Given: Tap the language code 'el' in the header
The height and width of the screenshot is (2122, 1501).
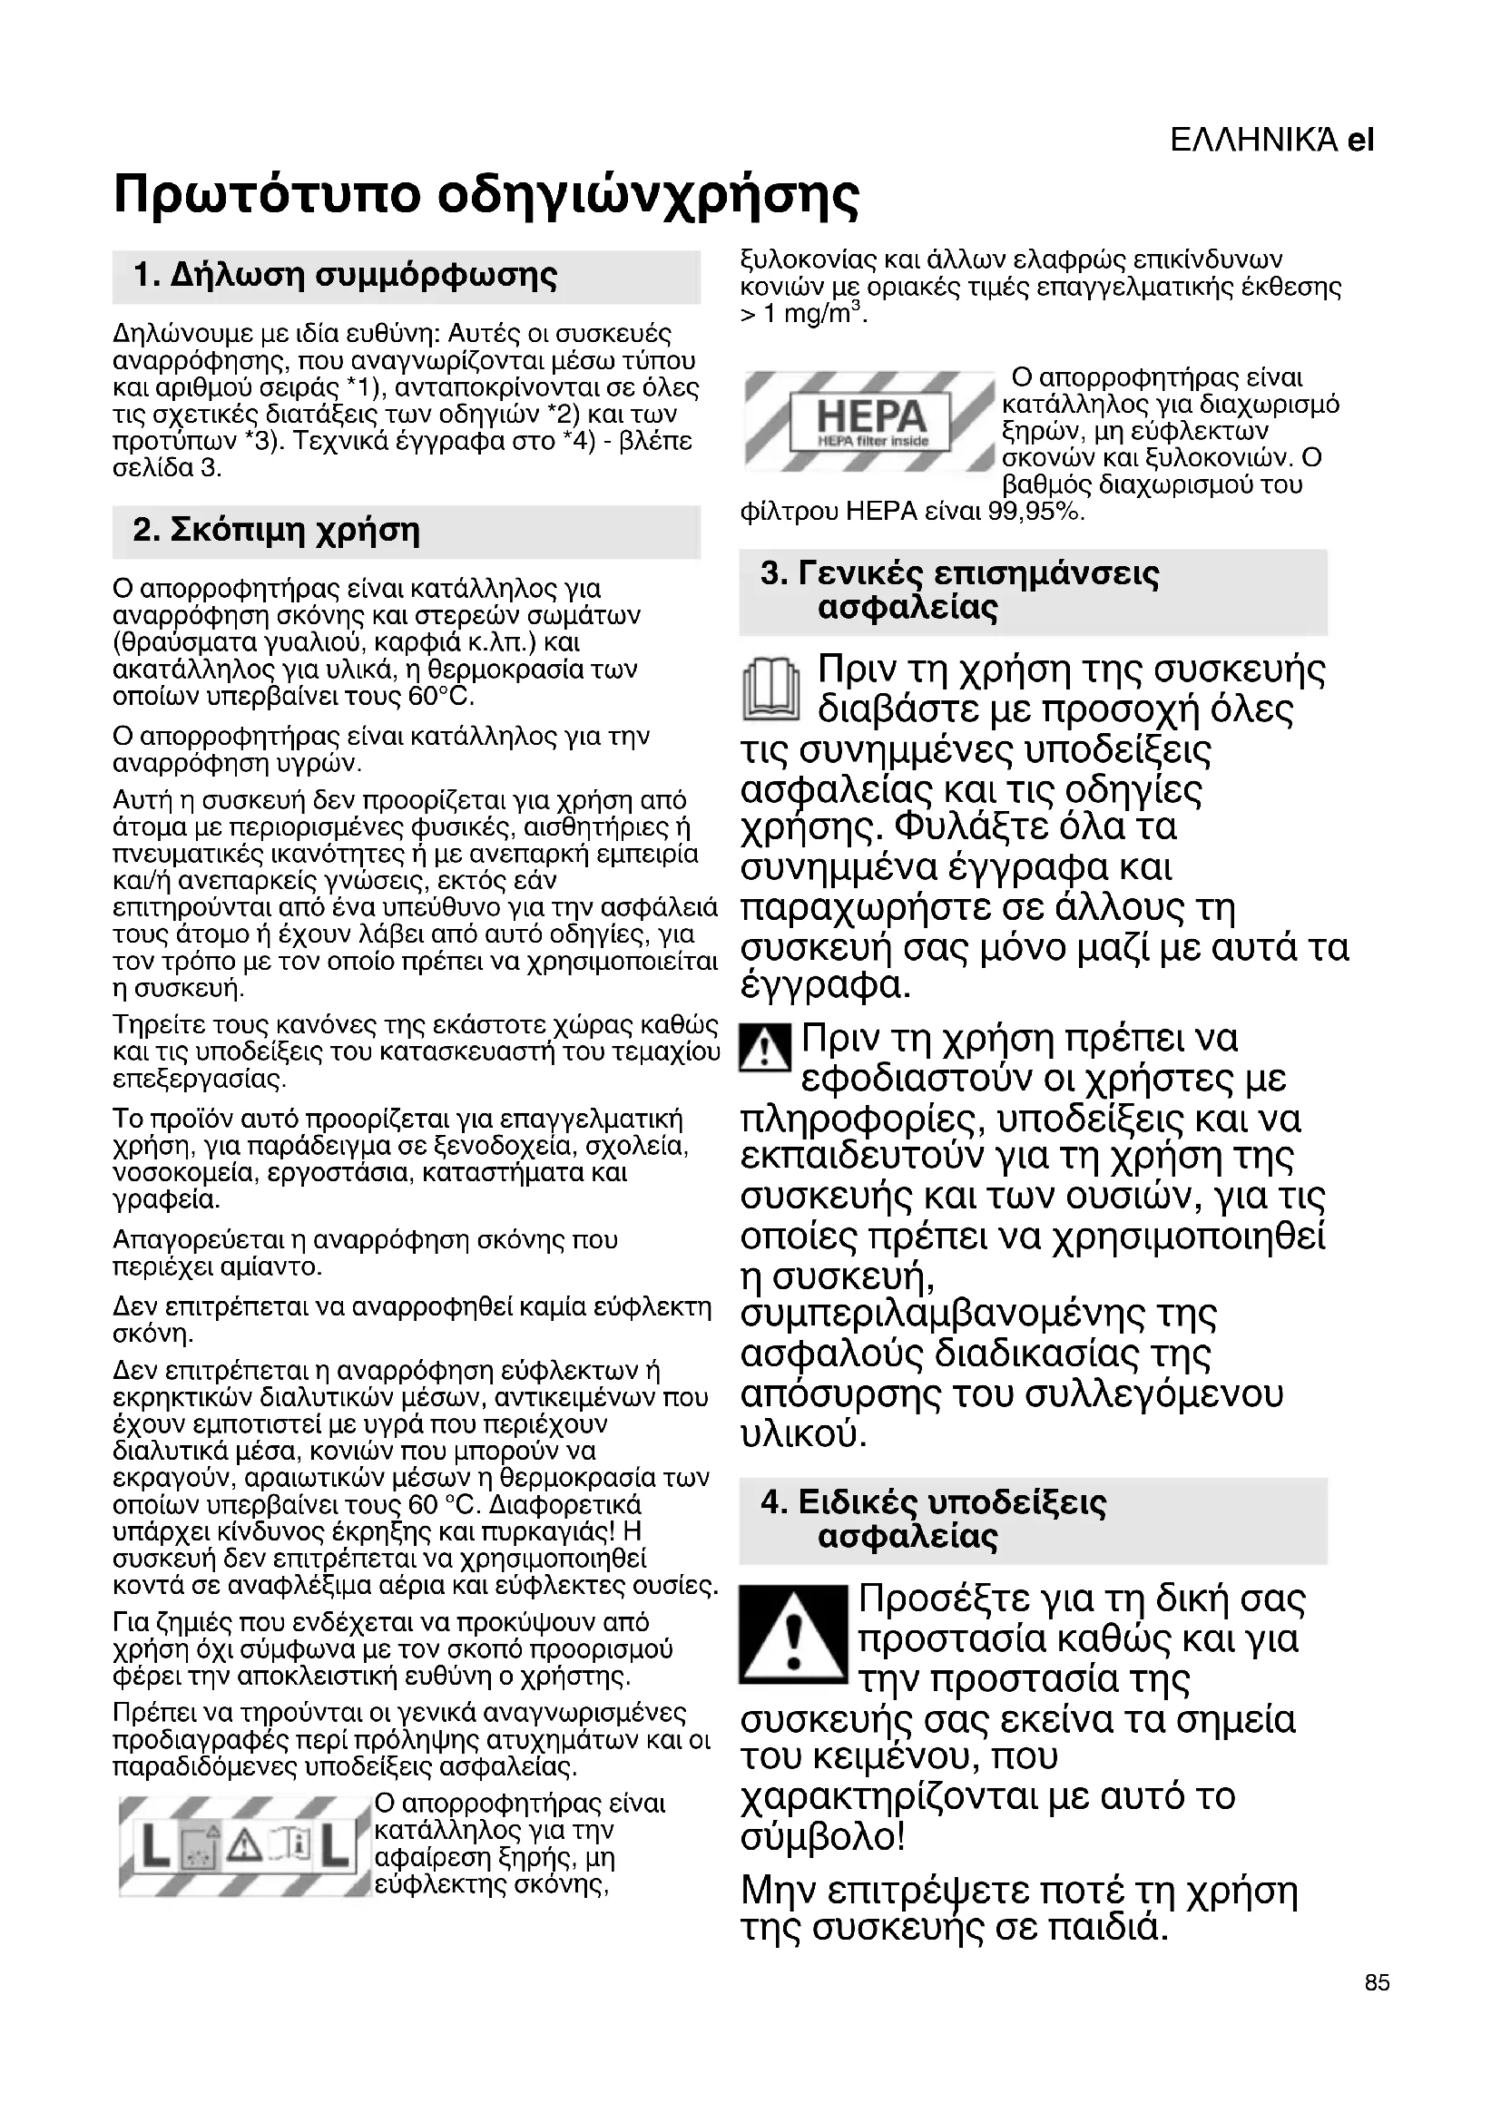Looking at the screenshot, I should point(1360,141).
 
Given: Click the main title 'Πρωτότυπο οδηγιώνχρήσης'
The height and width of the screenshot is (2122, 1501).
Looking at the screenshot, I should point(486,195).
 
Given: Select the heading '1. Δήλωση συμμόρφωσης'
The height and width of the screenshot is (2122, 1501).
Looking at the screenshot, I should point(346,276).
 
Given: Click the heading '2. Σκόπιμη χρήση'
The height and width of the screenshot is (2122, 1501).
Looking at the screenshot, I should point(277,531).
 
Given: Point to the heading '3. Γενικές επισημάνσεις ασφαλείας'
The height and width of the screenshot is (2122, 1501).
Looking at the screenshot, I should point(959,591).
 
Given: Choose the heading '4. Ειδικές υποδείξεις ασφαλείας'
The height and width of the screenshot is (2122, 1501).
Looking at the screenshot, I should point(934,1520).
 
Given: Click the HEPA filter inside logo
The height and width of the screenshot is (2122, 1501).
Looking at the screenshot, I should point(870,421).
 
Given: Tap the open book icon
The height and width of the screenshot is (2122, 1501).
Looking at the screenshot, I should point(770,689).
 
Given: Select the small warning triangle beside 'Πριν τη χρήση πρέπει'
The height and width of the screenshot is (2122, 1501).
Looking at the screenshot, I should point(765,1048).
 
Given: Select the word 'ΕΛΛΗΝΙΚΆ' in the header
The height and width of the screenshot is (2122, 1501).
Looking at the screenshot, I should point(1253,141).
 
